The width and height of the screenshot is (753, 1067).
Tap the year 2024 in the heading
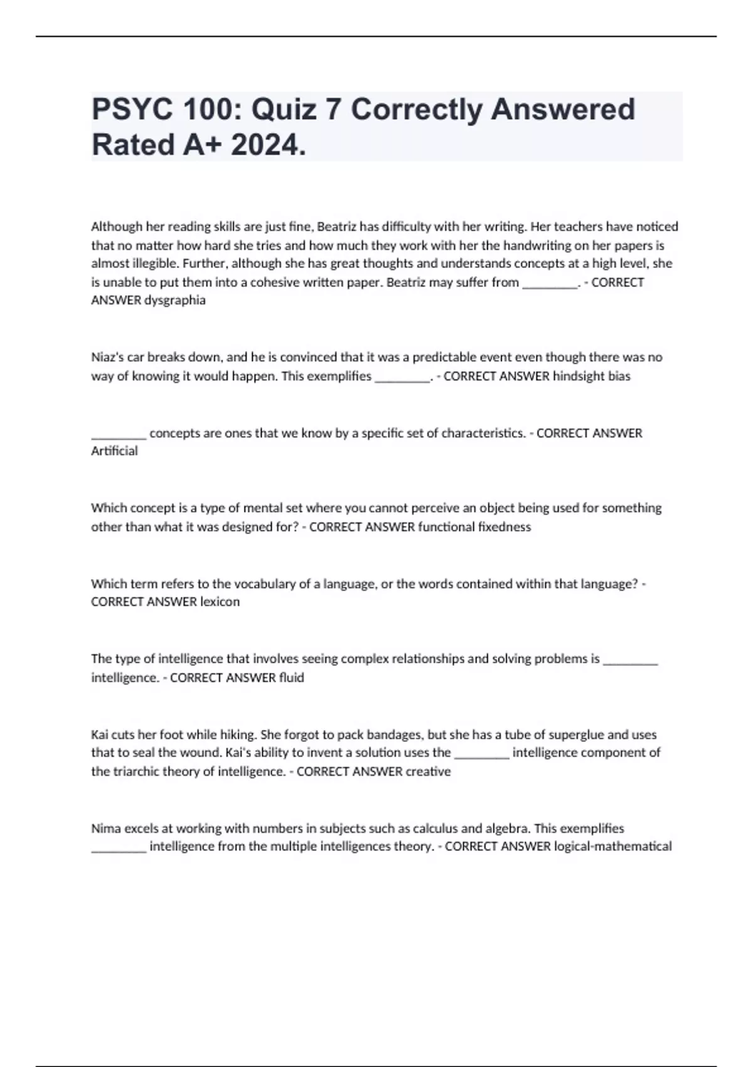coord(268,146)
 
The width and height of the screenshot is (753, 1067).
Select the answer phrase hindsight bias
coord(591,376)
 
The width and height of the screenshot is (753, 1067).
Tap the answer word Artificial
coord(114,451)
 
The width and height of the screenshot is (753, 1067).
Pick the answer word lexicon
coord(220,601)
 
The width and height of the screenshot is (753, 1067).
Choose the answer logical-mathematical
coord(612,846)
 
